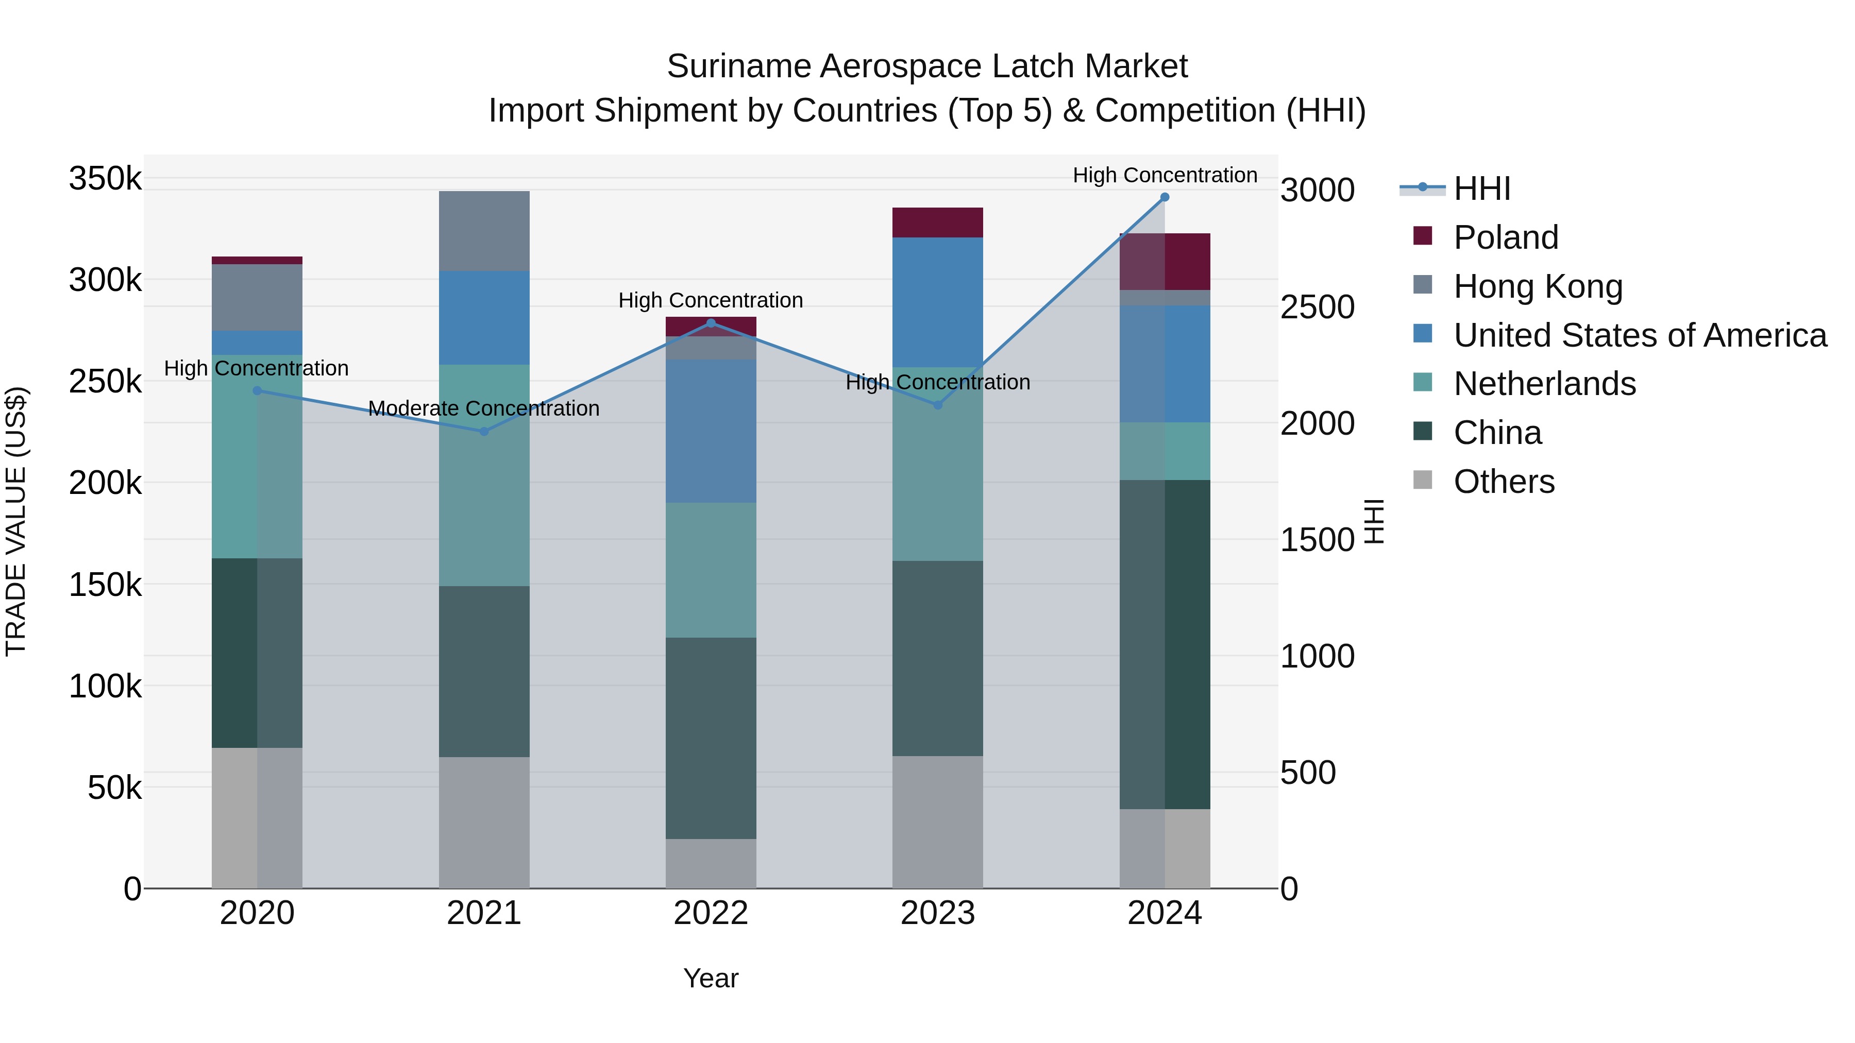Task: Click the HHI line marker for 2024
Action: (x=1165, y=197)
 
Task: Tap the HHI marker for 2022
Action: (x=711, y=323)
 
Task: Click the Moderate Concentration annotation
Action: (x=483, y=408)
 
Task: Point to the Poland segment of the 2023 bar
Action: (x=938, y=223)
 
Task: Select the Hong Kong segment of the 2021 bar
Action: (x=484, y=231)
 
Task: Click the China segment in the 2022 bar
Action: (x=711, y=738)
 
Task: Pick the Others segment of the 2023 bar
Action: (x=938, y=822)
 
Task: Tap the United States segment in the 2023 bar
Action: (x=938, y=302)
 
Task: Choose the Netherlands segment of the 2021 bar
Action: (x=484, y=475)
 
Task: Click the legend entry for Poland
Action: (x=1506, y=237)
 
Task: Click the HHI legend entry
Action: (x=1482, y=189)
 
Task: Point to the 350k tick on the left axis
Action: (x=105, y=179)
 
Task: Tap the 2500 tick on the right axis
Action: (x=1317, y=307)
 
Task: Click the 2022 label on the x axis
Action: (x=711, y=913)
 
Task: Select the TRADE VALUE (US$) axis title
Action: (x=16, y=521)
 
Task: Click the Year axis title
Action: (x=711, y=978)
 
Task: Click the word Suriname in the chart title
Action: (x=737, y=66)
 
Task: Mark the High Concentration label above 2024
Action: (x=1165, y=175)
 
